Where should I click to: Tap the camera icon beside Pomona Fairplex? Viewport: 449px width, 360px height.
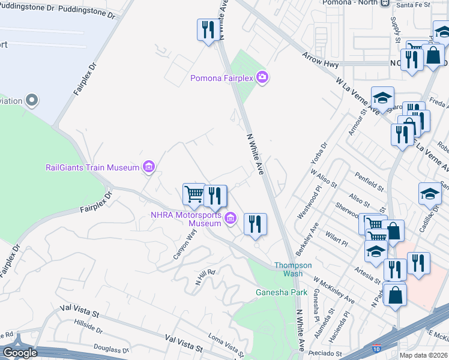pos(262,77)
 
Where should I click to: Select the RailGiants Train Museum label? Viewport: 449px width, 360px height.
pos(92,167)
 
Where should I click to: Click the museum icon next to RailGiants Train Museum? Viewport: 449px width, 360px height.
pos(148,167)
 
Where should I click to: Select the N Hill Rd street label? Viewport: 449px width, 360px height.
pos(205,277)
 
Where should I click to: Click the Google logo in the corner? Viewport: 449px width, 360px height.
pos(20,353)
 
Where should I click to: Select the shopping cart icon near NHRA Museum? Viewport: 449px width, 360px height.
pos(194,194)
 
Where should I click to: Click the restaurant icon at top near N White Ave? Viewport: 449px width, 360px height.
pos(208,29)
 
